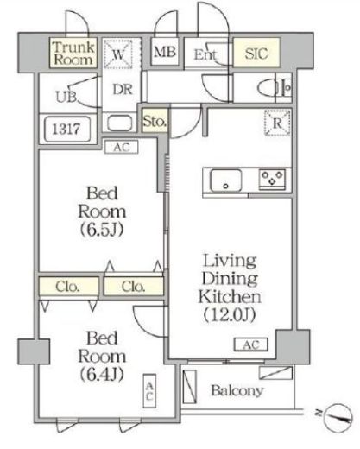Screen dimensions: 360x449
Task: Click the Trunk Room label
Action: [73, 54]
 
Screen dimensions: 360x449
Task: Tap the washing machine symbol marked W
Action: [118, 54]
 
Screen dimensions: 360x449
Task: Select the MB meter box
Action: [165, 52]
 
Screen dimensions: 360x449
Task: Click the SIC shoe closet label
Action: [256, 54]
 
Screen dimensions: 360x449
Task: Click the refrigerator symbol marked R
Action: [277, 123]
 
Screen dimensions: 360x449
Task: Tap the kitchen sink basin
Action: [226, 180]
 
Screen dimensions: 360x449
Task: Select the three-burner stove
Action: [272, 179]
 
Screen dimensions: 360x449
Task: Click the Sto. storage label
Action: [155, 121]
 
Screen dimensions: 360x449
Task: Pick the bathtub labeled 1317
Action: [67, 130]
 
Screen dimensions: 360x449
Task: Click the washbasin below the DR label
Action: [120, 123]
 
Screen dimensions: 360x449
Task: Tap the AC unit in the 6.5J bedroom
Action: [122, 147]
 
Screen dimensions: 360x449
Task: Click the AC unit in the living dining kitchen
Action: [251, 345]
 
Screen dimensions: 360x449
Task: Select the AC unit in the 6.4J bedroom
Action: [149, 391]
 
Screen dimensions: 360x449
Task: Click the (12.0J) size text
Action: [230, 315]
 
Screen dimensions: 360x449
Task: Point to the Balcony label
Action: [237, 390]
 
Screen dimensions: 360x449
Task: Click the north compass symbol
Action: [337, 417]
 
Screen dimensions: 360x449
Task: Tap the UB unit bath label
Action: [66, 97]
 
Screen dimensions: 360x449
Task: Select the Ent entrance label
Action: [205, 54]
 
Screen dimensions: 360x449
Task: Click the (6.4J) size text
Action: [102, 374]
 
